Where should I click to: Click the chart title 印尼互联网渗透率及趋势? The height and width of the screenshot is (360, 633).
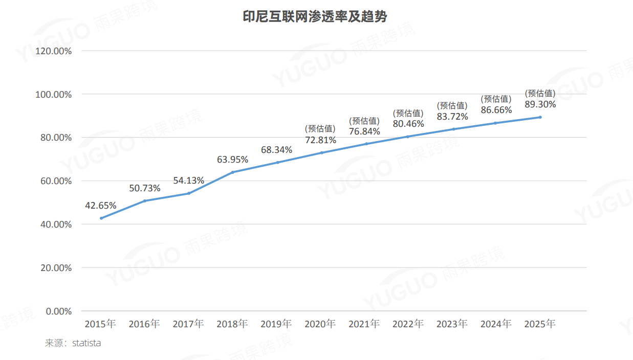click(x=315, y=17)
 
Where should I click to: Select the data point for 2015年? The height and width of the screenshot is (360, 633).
click(x=101, y=218)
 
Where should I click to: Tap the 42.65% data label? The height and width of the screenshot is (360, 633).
click(x=101, y=206)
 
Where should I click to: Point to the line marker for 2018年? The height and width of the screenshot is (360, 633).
click(x=232, y=172)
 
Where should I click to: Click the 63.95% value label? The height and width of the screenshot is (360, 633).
click(x=232, y=160)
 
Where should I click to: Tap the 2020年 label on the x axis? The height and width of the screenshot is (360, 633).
click(x=320, y=324)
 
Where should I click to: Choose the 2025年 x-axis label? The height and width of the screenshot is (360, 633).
click(x=540, y=324)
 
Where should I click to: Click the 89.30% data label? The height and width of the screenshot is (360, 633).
click(x=540, y=104)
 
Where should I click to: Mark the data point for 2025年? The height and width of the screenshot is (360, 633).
click(x=540, y=117)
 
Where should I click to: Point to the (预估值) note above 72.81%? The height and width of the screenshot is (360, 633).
click(x=320, y=129)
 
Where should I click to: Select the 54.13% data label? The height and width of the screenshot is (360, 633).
click(x=189, y=181)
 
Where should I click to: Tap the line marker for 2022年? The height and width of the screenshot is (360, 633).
click(x=408, y=137)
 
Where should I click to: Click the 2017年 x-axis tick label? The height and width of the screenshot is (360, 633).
click(x=188, y=324)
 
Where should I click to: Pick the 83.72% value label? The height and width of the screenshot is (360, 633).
click(x=452, y=116)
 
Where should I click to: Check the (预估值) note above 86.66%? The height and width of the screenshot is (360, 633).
click(x=496, y=99)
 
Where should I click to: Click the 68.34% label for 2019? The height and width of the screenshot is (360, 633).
click(x=276, y=150)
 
